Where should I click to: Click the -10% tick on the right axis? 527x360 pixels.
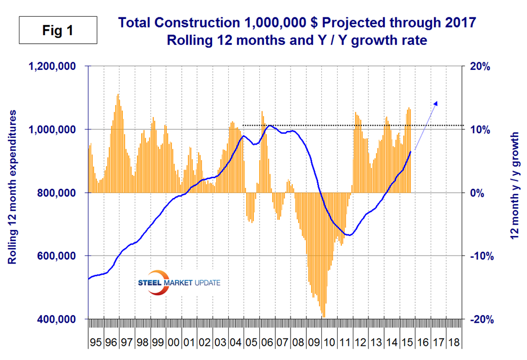click(x=482, y=256)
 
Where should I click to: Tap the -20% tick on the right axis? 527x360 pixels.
click(x=482, y=319)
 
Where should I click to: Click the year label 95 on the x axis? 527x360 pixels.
click(x=95, y=343)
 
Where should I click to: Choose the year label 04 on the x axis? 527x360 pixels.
click(x=236, y=343)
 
